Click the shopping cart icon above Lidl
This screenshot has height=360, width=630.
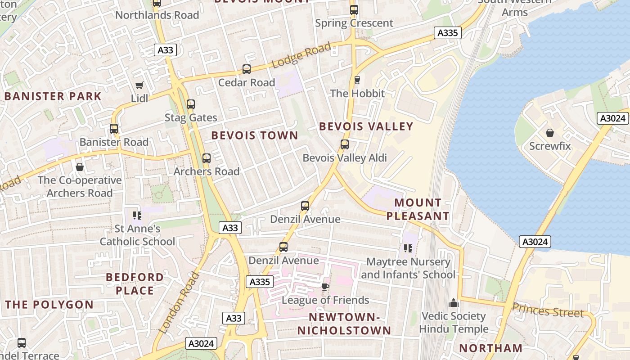tap(139, 85)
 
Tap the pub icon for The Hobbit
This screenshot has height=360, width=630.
tap(357, 80)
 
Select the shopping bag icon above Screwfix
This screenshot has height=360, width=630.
tap(549, 133)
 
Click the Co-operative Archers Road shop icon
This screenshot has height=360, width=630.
tap(80, 167)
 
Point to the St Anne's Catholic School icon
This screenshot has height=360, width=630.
tap(137, 216)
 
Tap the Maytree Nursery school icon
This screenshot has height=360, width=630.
tap(408, 248)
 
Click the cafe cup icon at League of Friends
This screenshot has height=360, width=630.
tap(325, 287)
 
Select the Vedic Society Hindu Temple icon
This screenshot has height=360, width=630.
tap(454, 303)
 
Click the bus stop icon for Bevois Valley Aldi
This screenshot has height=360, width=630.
tap(345, 144)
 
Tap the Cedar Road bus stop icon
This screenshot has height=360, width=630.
tap(247, 69)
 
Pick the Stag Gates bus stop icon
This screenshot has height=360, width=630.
tap(191, 104)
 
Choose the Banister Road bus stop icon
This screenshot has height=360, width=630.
tap(114, 129)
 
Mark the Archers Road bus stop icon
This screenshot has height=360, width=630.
tap(207, 158)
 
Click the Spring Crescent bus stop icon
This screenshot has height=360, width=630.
tap(354, 10)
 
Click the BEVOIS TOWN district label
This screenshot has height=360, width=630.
tap(255, 135)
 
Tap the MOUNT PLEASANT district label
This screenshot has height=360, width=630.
tap(418, 209)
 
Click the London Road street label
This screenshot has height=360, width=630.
tap(179, 303)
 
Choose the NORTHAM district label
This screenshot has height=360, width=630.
tap(491, 348)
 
